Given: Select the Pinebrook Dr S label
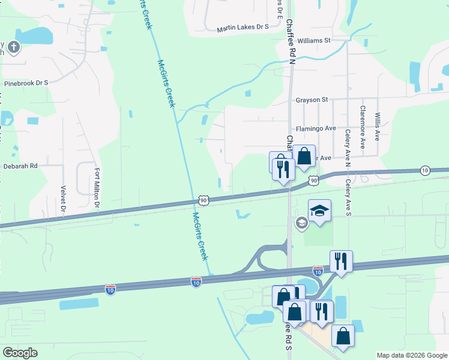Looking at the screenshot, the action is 26,83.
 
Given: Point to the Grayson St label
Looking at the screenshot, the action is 312,100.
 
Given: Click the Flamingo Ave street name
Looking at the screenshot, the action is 315,128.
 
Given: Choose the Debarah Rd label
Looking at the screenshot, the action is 20,166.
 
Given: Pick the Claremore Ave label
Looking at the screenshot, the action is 363,127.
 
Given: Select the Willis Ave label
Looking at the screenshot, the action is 378,126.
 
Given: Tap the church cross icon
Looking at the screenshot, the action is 14,47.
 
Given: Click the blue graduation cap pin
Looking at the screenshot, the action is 319,211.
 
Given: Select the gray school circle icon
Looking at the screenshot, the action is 301,223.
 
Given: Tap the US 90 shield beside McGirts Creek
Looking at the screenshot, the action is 203,200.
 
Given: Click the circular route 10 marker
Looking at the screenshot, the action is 425,170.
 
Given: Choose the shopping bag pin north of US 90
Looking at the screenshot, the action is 304,156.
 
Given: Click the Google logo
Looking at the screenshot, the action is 20,353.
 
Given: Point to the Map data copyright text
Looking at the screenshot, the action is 411,355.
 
